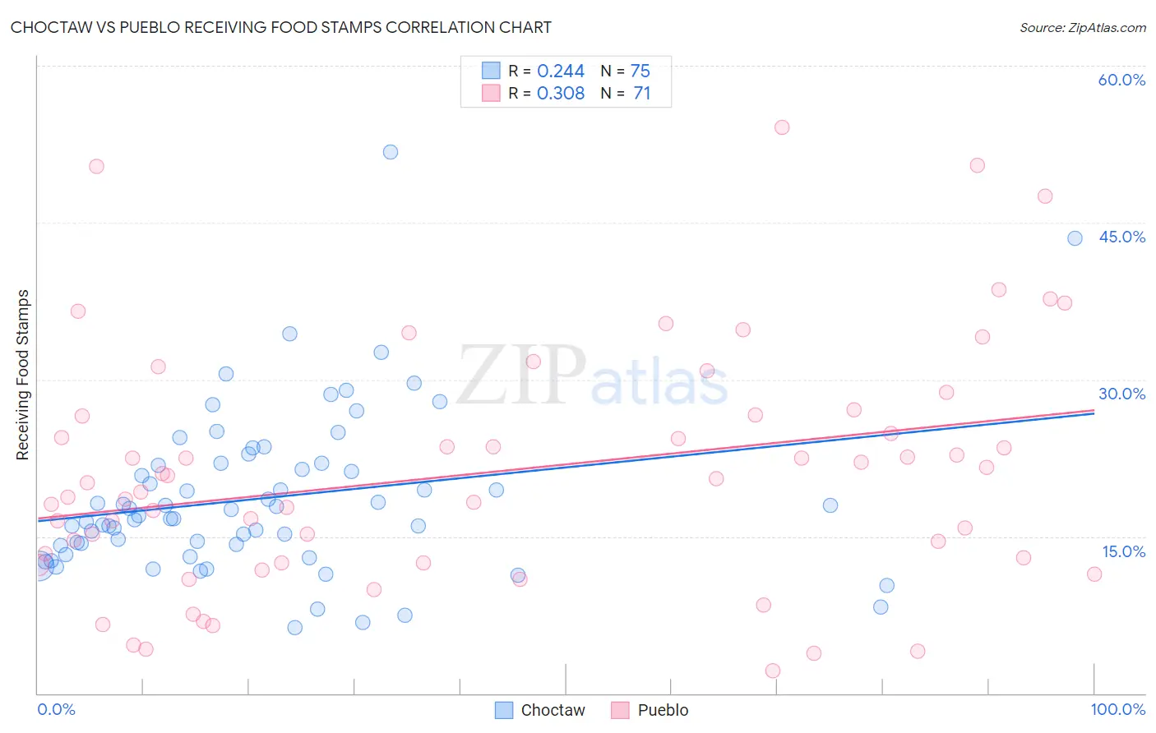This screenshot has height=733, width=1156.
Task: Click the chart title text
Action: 281,27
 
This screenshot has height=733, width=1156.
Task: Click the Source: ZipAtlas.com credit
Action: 1082,27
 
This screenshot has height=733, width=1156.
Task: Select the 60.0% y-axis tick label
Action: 1121,80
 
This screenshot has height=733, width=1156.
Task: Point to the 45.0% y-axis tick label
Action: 1121,237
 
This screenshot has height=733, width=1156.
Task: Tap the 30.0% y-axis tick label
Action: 1121,394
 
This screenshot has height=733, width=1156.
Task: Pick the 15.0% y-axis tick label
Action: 1123,551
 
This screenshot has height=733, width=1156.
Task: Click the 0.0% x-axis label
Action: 56,709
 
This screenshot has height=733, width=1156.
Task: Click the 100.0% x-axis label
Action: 1117,709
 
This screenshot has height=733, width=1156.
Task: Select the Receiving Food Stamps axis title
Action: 23,375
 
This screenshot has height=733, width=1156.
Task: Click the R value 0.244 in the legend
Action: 561,71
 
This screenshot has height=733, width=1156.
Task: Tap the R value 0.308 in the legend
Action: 561,94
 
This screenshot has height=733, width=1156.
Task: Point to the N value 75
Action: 640,71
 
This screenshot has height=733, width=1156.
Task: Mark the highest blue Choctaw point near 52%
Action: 391,152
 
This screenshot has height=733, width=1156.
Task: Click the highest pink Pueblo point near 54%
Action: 782,127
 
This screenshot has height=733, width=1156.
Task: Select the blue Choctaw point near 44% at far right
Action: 1075,238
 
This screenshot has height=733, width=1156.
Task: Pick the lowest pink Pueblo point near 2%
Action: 773,671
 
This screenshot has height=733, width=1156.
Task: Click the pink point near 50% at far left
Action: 96,166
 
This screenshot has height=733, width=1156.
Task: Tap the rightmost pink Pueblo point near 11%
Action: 1094,574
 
